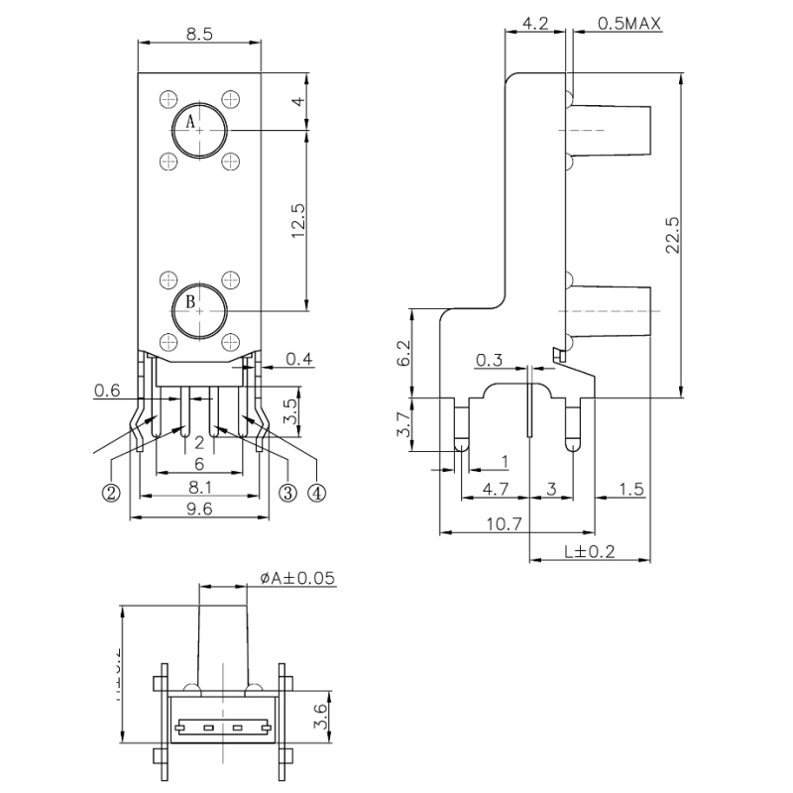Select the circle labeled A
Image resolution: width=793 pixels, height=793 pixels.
pyautogui.click(x=199, y=128)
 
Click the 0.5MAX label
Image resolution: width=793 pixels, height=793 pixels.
pyautogui.click(x=629, y=23)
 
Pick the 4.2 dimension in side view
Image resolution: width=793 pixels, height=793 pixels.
pyautogui.click(x=535, y=23)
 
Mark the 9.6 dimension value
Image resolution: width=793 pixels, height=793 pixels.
pyautogui.click(x=200, y=510)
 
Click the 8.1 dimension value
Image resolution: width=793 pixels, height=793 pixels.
pyautogui.click(x=200, y=487)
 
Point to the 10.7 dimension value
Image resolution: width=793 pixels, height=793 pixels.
pyautogui.click(x=506, y=525)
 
